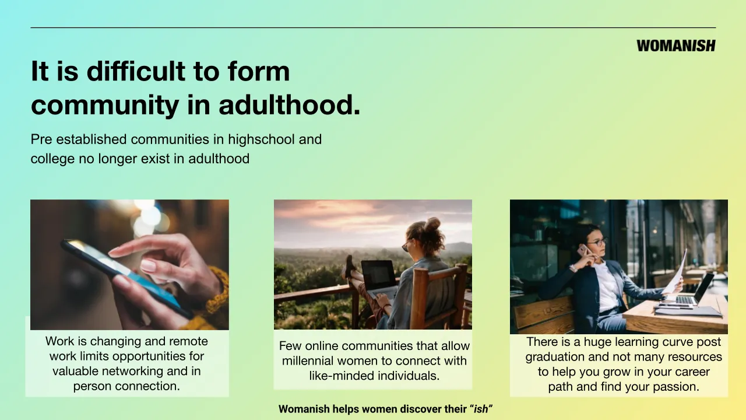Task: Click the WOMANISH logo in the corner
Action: point(675,45)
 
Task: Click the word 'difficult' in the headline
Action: point(136,71)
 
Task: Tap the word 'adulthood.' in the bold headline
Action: point(290,104)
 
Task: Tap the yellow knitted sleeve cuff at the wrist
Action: point(216,293)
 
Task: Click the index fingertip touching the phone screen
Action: point(115,251)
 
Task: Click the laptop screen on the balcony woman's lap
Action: point(378,276)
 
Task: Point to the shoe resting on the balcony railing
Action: point(349,267)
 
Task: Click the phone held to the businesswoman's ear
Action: point(583,250)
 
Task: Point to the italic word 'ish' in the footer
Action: point(481,409)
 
